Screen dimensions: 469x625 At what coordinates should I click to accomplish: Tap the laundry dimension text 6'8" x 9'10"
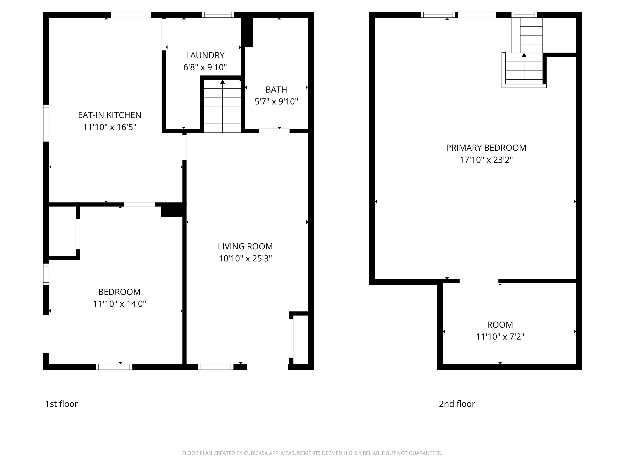pyautogui.click(x=205, y=67)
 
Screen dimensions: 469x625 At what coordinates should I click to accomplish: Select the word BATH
pyautogui.click(x=276, y=90)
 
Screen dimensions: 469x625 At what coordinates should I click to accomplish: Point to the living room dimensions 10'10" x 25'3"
pyautogui.click(x=245, y=258)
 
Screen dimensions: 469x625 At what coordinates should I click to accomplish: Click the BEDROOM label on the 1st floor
pyautogui.click(x=119, y=292)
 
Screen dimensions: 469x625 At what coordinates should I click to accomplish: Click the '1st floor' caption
pyautogui.click(x=61, y=404)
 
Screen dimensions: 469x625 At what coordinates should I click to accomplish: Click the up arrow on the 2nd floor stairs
pyautogui.click(x=524, y=55)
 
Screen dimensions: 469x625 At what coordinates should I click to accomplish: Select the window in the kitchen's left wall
pyautogui.click(x=46, y=123)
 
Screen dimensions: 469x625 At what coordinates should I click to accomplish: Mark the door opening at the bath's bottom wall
pyautogui.click(x=274, y=131)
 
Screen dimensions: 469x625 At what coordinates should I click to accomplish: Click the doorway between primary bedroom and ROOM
pyautogui.click(x=479, y=281)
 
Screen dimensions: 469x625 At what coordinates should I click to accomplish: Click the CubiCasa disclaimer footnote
pyautogui.click(x=312, y=453)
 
